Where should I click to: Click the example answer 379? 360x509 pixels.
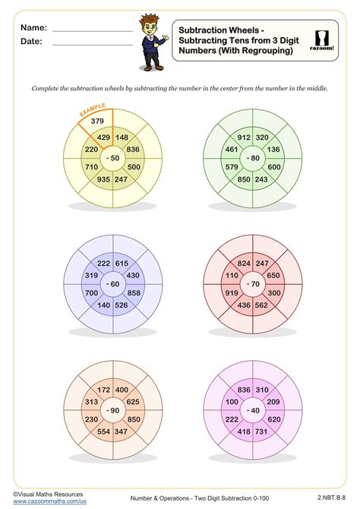click(97, 120)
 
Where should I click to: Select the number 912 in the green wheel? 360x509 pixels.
click(245, 138)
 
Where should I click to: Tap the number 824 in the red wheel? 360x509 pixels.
click(245, 262)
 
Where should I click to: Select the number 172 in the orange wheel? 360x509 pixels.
click(103, 389)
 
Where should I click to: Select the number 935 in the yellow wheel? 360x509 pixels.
click(103, 179)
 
